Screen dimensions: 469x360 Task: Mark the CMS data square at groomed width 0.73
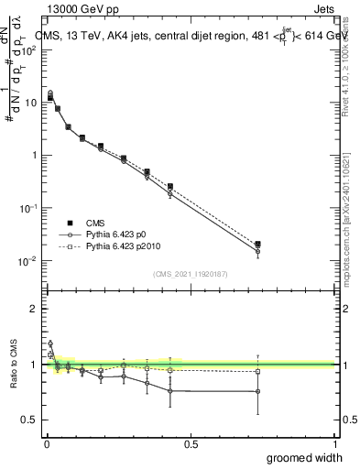[x=257, y=245]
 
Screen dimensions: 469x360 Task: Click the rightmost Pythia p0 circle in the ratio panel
[x=257, y=391]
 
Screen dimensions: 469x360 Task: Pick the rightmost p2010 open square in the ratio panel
[x=257, y=371]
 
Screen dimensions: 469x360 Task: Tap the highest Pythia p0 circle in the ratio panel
[x=50, y=344]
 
